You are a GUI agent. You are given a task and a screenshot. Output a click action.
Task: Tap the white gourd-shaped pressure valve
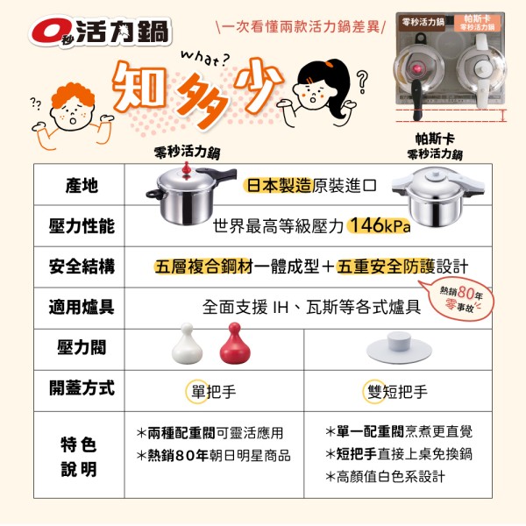(187, 344)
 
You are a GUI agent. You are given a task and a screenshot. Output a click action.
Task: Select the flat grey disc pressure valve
(399, 347)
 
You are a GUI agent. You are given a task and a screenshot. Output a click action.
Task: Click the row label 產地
(82, 186)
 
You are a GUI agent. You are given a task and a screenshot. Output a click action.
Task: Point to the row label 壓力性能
(82, 226)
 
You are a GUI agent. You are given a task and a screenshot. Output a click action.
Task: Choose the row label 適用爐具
(82, 308)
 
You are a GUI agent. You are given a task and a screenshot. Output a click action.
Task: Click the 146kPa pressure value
(379, 225)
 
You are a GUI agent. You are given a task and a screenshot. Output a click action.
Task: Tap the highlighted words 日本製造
(279, 186)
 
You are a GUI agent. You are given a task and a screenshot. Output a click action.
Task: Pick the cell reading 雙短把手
(397, 392)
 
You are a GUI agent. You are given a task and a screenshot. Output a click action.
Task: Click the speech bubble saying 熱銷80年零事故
(458, 299)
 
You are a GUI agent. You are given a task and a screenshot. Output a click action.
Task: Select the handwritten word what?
(205, 59)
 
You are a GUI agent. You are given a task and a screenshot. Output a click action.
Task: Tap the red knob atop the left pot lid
(187, 169)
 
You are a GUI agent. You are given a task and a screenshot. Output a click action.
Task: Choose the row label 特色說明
(79, 457)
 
